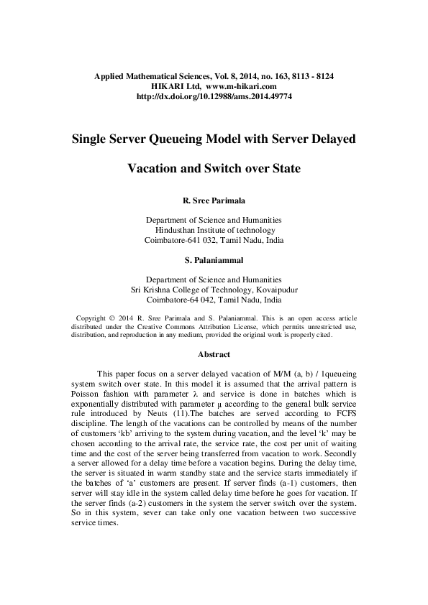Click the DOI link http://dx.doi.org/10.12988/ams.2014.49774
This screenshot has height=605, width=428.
point(214,96)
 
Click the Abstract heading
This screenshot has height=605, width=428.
point(214,354)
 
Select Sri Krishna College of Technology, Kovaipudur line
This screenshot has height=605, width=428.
point(214,290)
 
